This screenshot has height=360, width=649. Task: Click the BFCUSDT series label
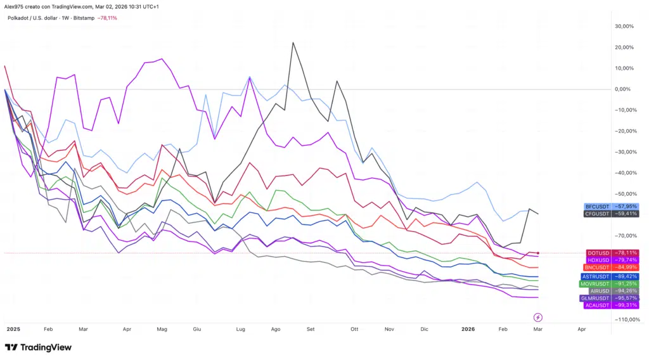click(x=611, y=207)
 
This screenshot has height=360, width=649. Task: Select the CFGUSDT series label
click(x=611, y=214)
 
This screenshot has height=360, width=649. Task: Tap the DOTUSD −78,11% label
click(x=611, y=253)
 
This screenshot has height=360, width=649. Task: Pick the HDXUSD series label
click(x=611, y=260)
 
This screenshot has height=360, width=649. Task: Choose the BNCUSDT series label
click(x=611, y=267)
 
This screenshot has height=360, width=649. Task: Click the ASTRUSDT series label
click(x=611, y=276)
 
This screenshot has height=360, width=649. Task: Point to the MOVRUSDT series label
click(x=611, y=283)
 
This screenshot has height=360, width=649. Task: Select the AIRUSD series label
click(x=611, y=291)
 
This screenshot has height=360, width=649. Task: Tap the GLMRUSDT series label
click(x=611, y=299)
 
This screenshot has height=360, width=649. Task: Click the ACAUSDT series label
click(x=611, y=305)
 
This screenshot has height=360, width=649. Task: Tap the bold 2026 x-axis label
click(x=468, y=330)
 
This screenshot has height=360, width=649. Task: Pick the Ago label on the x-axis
click(x=275, y=330)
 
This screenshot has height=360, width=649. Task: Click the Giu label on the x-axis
click(x=196, y=330)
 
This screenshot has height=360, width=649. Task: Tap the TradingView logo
click(x=38, y=347)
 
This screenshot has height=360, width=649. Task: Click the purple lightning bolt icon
click(x=538, y=317)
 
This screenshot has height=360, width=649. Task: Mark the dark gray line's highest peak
click(x=293, y=43)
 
